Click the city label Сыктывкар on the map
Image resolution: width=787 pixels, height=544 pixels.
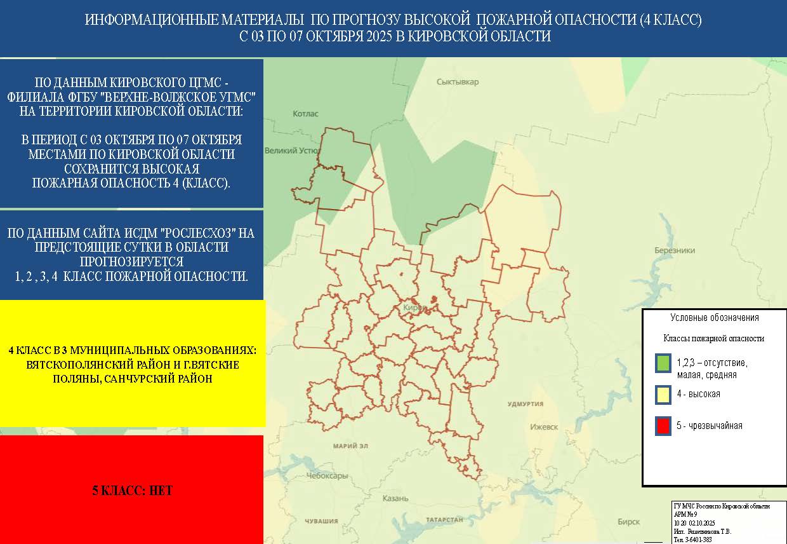[x=458, y=82]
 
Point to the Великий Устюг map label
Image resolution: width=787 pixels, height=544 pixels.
[x=291, y=151]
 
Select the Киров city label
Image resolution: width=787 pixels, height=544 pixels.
[x=414, y=308]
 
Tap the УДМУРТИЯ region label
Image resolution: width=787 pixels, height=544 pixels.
[x=525, y=404]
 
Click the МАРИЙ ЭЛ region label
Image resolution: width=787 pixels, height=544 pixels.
[x=351, y=446]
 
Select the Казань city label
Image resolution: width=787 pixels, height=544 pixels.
[x=395, y=498]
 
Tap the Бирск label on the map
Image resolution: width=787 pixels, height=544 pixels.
[x=628, y=522]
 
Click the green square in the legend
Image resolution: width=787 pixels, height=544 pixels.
[x=663, y=364]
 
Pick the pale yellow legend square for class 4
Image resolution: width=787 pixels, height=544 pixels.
[x=663, y=395]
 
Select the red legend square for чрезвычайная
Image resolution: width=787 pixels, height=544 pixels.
[x=663, y=426]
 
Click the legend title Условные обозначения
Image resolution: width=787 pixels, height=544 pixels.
[x=714, y=318]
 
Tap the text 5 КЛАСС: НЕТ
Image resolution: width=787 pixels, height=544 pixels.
[x=132, y=491]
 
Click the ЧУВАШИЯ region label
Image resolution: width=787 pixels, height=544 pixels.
[x=321, y=521]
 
